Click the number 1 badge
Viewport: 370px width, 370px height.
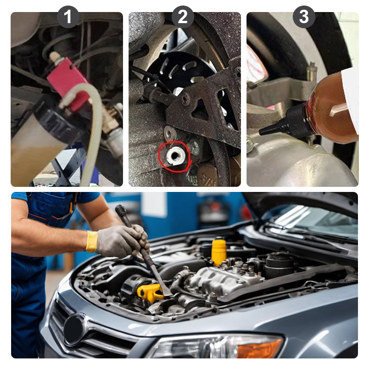click(x=68, y=17)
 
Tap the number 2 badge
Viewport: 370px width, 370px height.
click(x=183, y=17)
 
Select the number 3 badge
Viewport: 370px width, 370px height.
click(x=303, y=17)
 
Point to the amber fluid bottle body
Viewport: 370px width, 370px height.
click(x=333, y=109)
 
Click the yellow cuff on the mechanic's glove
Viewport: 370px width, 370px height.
click(x=92, y=241)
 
